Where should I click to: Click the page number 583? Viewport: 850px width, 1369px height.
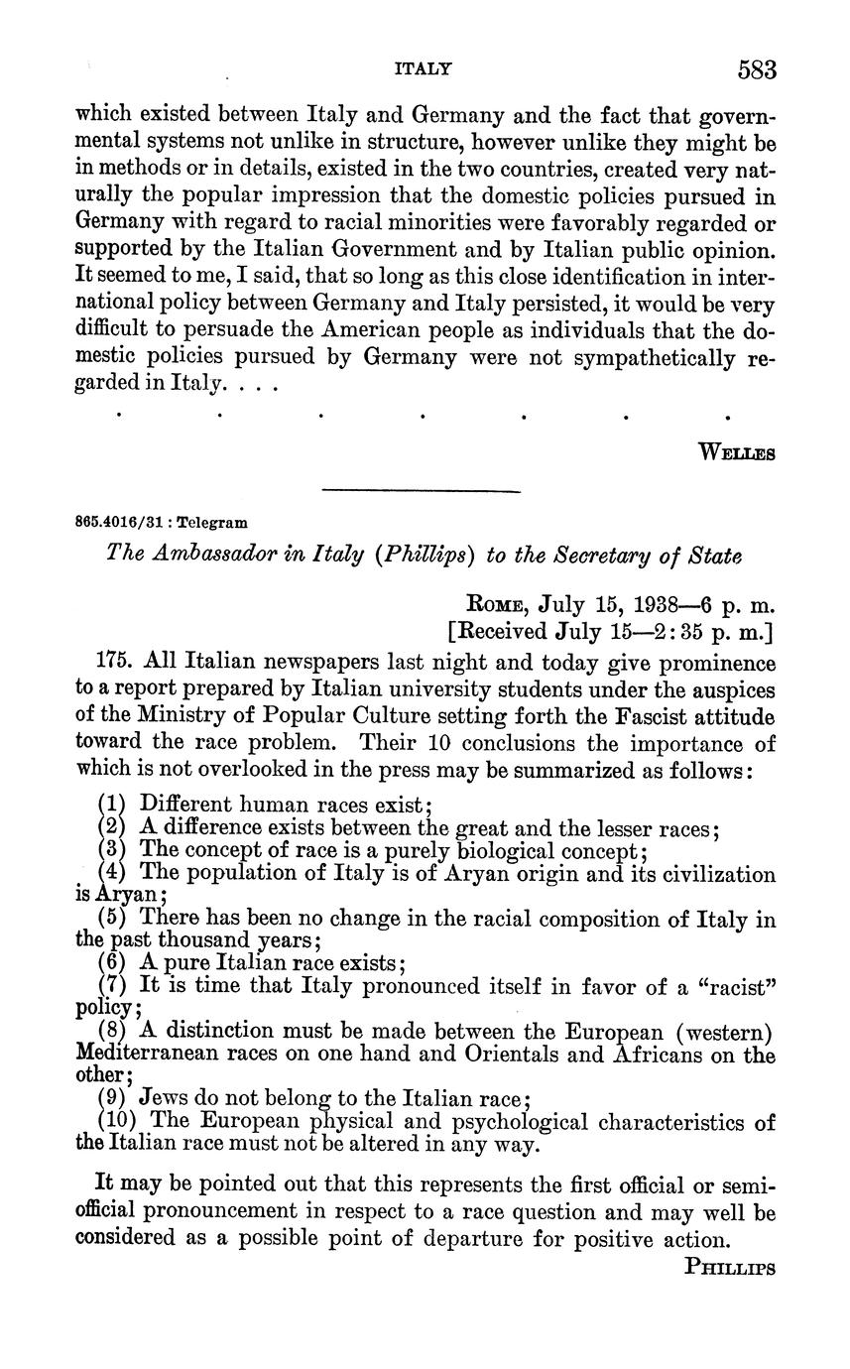tap(756, 70)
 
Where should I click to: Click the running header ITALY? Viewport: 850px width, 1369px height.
tap(424, 69)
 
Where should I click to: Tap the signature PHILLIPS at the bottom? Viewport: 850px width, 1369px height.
tap(730, 1267)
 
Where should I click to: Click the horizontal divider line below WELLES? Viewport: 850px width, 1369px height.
tap(422, 490)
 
